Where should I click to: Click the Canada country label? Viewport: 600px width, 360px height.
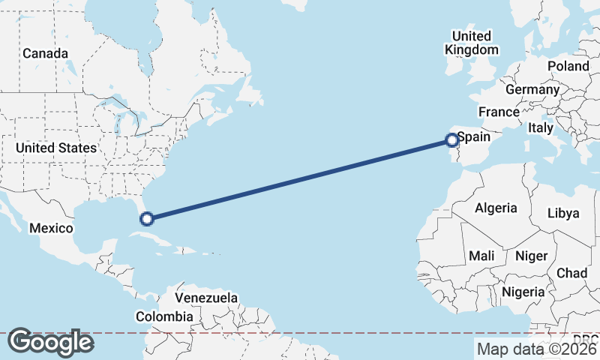click(45, 54)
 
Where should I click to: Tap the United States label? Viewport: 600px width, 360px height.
click(56, 148)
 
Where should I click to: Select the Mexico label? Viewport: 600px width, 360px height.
click(51, 228)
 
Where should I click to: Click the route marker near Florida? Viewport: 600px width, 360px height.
click(147, 218)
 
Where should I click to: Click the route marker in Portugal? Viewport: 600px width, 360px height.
click(451, 139)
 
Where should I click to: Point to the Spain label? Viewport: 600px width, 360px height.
click(474, 137)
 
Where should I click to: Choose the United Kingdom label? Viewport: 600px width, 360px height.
click(471, 43)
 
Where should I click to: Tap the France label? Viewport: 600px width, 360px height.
click(499, 112)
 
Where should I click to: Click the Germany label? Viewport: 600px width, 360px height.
click(532, 90)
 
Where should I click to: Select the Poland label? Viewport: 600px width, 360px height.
click(568, 66)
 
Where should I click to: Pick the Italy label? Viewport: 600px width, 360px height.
click(540, 128)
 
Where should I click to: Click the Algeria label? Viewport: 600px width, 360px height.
click(496, 208)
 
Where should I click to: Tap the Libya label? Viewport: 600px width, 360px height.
click(563, 213)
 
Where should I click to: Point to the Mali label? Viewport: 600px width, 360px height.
click(481, 256)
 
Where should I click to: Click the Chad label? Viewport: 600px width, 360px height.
click(572, 273)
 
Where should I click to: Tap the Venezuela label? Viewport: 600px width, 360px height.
click(206, 298)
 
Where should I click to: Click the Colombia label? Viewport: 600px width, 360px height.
click(163, 316)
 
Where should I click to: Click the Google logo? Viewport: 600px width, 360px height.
click(50, 342)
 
